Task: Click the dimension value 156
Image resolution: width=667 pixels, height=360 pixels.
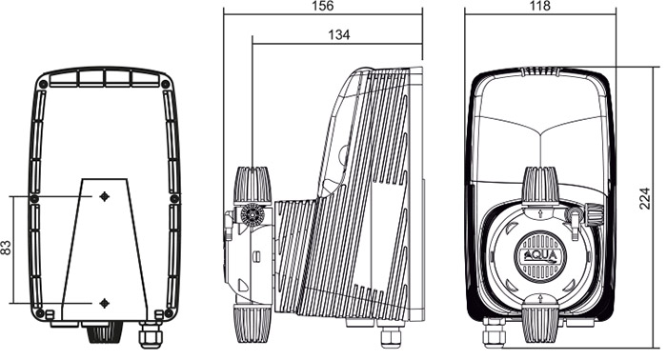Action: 323,6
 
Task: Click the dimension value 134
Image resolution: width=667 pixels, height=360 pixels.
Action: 339,35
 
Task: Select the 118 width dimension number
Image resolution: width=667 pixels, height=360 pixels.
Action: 540,6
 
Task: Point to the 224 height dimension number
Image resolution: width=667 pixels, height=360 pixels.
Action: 645,198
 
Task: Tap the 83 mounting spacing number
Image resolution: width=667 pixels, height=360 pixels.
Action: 6,248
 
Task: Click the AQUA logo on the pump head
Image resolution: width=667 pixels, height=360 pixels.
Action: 540,256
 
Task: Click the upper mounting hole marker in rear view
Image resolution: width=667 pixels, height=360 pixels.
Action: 104,196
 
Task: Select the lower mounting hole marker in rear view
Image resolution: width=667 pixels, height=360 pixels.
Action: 104,303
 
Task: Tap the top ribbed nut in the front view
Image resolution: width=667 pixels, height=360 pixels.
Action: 540,186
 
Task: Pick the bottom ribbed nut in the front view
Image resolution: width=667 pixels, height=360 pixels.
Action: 540,325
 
